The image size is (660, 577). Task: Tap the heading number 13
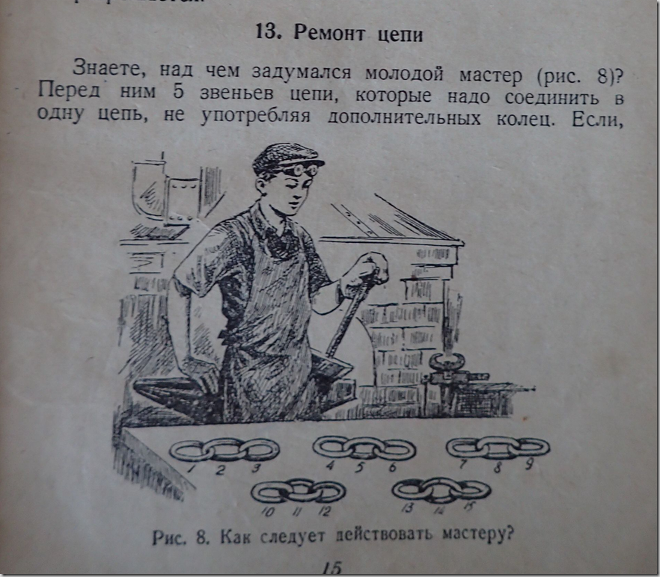point(267,33)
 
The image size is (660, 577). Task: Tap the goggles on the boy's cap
point(306,170)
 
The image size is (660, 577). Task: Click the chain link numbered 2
point(224,449)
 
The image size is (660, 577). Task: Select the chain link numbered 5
point(364,447)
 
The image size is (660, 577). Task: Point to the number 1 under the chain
point(192,468)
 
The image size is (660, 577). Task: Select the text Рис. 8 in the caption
point(176,537)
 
